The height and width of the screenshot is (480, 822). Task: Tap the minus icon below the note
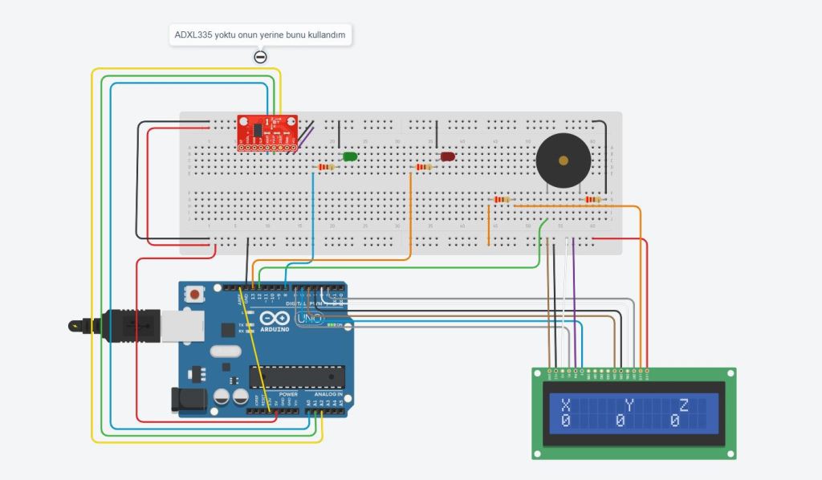pos(260,57)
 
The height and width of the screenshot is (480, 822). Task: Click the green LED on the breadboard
pos(350,157)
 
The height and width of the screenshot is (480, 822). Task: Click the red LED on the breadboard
pos(447,157)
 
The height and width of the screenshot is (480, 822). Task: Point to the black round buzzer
pos(563,161)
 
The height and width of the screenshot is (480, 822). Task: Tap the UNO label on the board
pos(310,319)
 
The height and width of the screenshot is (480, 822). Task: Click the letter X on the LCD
pos(565,405)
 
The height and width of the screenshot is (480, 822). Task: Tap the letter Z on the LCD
pos(684,405)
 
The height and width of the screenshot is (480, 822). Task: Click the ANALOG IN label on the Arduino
pos(328,395)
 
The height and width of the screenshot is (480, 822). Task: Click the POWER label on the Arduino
pos(288,395)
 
